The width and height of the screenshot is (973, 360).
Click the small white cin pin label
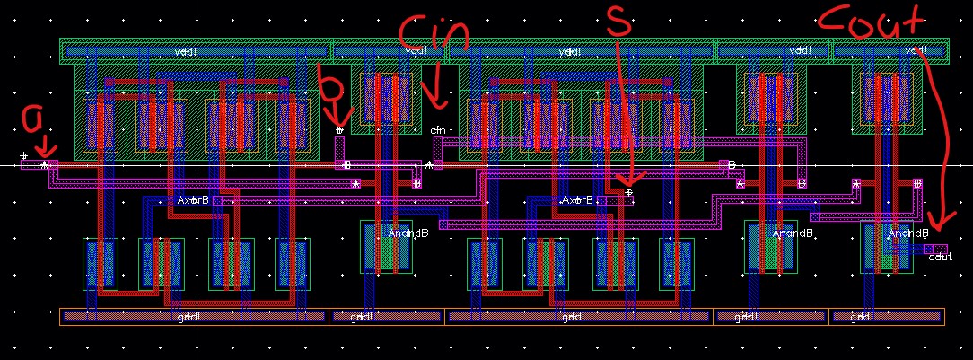coord(438,131)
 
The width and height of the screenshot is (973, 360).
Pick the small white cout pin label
coord(940,258)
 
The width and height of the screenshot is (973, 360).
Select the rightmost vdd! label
coord(916,51)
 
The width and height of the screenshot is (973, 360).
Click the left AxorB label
coord(193,199)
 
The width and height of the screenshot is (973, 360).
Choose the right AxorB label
coord(577,199)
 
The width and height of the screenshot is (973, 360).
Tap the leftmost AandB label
coord(408,233)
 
